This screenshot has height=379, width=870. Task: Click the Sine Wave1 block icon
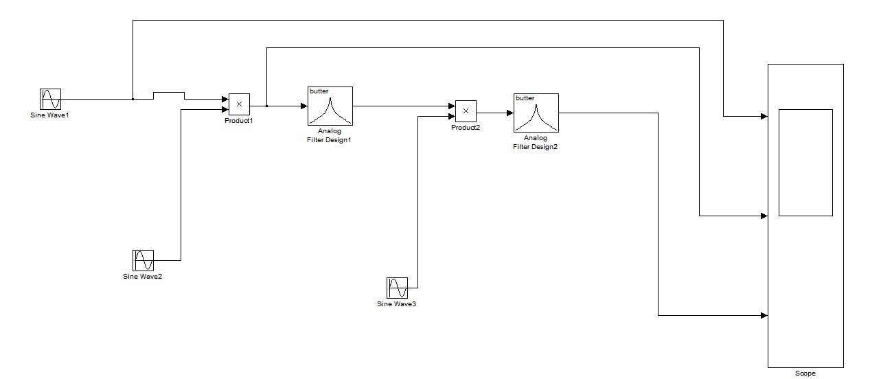50,99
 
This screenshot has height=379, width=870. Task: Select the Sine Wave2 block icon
143,260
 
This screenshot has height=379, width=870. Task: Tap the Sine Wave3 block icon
397,288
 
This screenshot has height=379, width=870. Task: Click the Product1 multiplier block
239,104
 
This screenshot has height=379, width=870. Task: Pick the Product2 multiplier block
466,111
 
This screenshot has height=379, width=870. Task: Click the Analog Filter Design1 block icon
330,106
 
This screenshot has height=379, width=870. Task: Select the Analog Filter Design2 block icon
536,113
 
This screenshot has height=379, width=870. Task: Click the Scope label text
805,374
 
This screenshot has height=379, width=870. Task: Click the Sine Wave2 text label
143,277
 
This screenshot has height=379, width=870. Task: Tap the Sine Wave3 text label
397,303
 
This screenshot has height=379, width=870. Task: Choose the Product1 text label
239,120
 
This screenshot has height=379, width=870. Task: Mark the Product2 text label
466,128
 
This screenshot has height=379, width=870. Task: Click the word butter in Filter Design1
319,91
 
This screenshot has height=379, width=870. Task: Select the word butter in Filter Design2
525,98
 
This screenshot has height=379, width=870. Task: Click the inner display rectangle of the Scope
805,162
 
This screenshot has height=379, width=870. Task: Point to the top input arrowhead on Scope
764,116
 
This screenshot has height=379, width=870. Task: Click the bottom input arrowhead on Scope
764,316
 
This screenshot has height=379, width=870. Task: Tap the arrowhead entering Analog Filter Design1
304,106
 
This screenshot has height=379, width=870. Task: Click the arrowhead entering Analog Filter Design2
510,113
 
